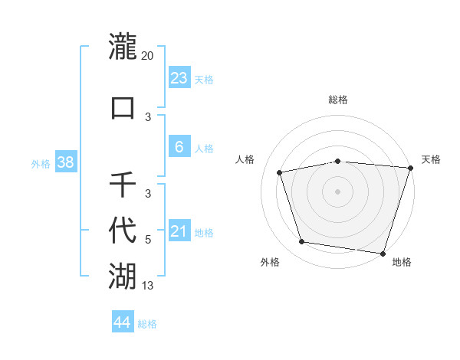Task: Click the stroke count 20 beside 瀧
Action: pos(148,56)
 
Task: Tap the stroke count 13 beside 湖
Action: pos(148,286)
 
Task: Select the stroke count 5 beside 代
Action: pos(148,240)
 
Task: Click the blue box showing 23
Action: pos(179,77)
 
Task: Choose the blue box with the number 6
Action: pos(179,146)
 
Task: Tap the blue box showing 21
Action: pos(179,231)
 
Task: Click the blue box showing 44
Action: pos(123,322)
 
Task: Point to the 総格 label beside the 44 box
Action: pos(147,324)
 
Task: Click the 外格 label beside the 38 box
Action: pos(41,163)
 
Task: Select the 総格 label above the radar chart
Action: pos(337,100)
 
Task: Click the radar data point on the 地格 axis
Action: pos(383,253)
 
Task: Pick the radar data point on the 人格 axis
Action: pos(280,172)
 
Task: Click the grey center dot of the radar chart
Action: pos(337,191)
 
